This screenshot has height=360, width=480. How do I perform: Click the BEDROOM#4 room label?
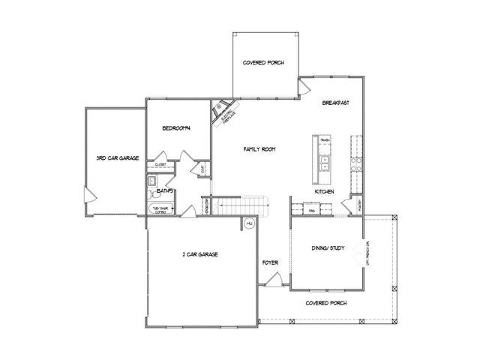click(177, 128)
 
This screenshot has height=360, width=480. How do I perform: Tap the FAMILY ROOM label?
click(259, 150)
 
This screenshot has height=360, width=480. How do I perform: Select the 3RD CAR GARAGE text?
click(118, 158)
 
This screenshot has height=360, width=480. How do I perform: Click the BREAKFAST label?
click(336, 103)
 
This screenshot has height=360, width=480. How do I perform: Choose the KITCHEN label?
click(324, 193)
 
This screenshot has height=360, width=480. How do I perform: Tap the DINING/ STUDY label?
click(327, 248)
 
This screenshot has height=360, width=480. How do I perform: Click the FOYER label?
click(270, 262)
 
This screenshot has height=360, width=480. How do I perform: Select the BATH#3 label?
click(165, 191)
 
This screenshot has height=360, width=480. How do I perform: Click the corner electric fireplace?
click(223, 112)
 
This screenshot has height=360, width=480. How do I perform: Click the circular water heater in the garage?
click(249, 223)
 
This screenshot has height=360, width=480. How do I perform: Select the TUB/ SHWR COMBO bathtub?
click(161, 210)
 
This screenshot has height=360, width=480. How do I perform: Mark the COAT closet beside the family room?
click(203, 170)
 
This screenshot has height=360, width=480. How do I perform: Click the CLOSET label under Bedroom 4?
click(160, 163)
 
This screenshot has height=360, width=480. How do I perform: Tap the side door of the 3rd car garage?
click(90, 196)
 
